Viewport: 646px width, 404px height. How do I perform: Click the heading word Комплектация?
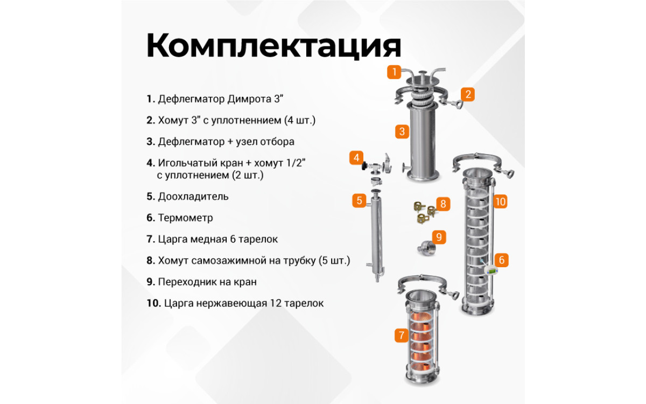pos(273,46)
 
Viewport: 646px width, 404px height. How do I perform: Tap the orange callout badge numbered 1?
pos(394,72)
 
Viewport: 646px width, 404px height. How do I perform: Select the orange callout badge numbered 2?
pos(468,94)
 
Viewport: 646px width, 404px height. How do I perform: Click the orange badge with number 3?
pos(402,131)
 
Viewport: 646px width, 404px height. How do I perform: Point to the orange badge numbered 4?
pos(356,157)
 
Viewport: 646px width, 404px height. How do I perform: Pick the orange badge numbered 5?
pos(360,200)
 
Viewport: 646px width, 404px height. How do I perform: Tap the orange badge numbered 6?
pos(502,260)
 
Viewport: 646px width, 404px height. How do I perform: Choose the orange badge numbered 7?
pos(402,335)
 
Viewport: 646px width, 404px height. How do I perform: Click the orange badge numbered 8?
pos(443,204)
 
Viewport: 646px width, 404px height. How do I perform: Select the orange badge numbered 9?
pos(439,237)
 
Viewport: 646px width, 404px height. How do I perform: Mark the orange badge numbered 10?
pos(500,201)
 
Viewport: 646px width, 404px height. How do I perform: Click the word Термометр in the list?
pos(185,218)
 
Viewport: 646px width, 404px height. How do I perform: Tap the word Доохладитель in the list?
pos(193,197)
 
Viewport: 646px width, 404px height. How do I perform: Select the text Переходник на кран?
pos(207,282)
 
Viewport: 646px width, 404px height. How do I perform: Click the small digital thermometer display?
pos(491,270)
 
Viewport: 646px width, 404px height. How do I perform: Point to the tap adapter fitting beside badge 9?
pos(426,248)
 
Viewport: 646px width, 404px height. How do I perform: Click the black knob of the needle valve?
pos(364,166)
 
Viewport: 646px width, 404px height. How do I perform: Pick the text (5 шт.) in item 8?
pos(334,261)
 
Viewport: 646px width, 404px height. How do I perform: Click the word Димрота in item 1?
pos(249,99)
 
